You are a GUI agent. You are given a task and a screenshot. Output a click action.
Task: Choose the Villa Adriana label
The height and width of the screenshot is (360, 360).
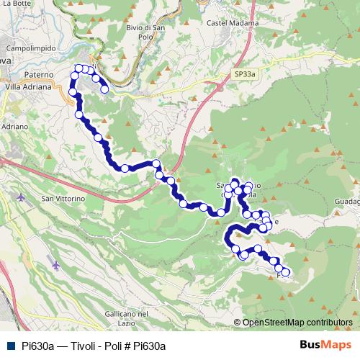[x=28, y=86]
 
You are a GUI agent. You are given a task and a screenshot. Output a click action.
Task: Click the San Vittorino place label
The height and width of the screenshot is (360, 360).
[x=63, y=198]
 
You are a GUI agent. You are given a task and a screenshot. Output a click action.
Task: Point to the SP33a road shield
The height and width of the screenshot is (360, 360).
[x=245, y=73]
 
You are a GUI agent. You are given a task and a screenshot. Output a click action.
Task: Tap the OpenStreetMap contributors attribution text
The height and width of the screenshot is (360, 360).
[x=298, y=323]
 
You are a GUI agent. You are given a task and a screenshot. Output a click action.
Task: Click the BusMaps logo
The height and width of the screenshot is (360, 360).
[x=325, y=345]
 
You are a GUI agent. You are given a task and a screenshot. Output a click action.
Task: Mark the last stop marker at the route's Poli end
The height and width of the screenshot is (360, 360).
[x=286, y=272]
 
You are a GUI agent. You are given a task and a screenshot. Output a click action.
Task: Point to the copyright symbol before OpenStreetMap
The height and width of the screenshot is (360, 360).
[x=238, y=323]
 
